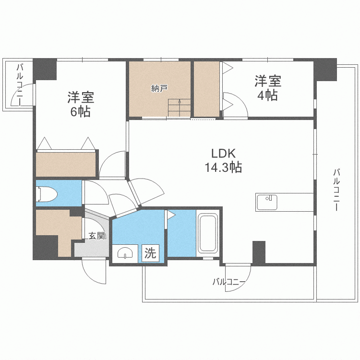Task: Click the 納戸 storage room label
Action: tap(159, 88)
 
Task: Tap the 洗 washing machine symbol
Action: tap(150, 253)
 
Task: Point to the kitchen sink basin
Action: tap(267, 202)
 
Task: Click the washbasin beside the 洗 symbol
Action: tap(125, 253)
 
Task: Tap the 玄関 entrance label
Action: tap(97, 236)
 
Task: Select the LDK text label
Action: tap(223, 154)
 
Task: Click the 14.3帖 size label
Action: tap(223, 168)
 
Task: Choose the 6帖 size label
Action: tap(80, 112)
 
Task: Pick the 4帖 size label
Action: tap(268, 96)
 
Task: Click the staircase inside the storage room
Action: tap(180, 108)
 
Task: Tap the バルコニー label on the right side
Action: tap(336, 190)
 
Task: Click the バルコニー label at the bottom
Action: tap(229, 281)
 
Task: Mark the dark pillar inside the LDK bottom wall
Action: tap(259, 252)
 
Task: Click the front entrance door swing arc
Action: tap(92, 275)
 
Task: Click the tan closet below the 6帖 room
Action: tap(66, 164)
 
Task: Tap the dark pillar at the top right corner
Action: tap(325, 69)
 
